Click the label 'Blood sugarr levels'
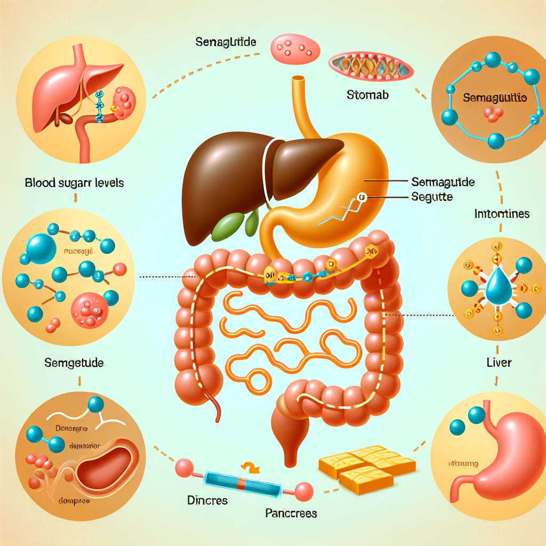74,182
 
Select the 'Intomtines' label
501,214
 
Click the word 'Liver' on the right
499,363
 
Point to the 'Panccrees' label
291,513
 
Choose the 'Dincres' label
207,501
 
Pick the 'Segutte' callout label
432,197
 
